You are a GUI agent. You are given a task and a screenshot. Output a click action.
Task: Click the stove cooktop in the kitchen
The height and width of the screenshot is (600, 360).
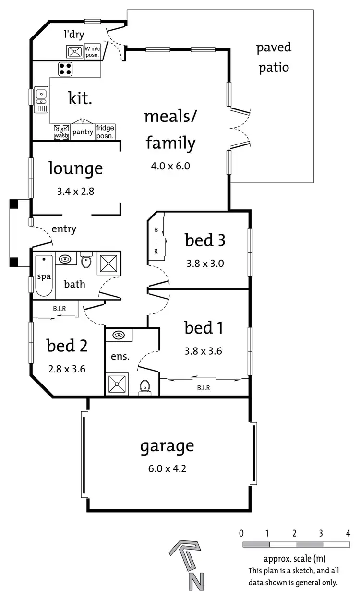coord(65,69)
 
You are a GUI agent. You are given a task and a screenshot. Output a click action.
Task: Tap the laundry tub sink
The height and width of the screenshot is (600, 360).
coord(75,51)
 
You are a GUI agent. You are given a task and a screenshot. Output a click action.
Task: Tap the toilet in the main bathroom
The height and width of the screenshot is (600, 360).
coord(86,261)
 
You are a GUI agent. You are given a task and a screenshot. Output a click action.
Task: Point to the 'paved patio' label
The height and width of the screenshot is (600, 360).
coord(274,57)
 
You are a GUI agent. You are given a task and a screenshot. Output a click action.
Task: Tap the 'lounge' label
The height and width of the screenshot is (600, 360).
coord(75,168)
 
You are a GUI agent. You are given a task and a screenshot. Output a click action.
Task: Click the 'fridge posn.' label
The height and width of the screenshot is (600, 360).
coord(105,132)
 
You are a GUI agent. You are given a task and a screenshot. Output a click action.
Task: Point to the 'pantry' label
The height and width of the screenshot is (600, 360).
coord(83,132)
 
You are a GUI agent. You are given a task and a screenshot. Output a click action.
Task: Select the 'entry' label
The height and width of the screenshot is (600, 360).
coord(64,229)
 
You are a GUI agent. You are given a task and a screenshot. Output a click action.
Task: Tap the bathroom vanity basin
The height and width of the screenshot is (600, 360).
coord(65,260)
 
